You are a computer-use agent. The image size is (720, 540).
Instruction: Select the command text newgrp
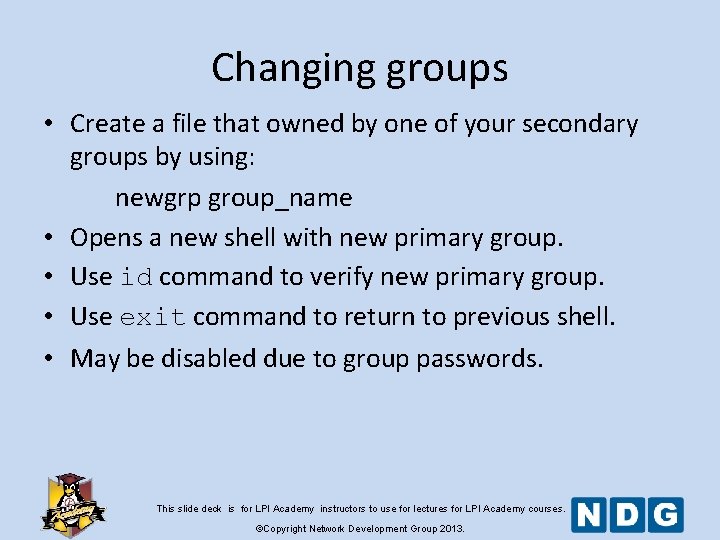[158, 198]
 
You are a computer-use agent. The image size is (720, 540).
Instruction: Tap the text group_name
[280, 198]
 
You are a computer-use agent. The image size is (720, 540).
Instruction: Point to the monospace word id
[136, 277]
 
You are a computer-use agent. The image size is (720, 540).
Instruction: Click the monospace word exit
[152, 317]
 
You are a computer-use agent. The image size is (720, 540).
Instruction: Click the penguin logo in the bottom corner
[72, 502]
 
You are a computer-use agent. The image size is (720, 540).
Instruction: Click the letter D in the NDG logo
[628, 515]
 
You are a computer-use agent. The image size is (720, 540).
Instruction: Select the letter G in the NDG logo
[665, 515]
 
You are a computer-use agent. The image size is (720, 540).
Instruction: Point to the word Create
[107, 124]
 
